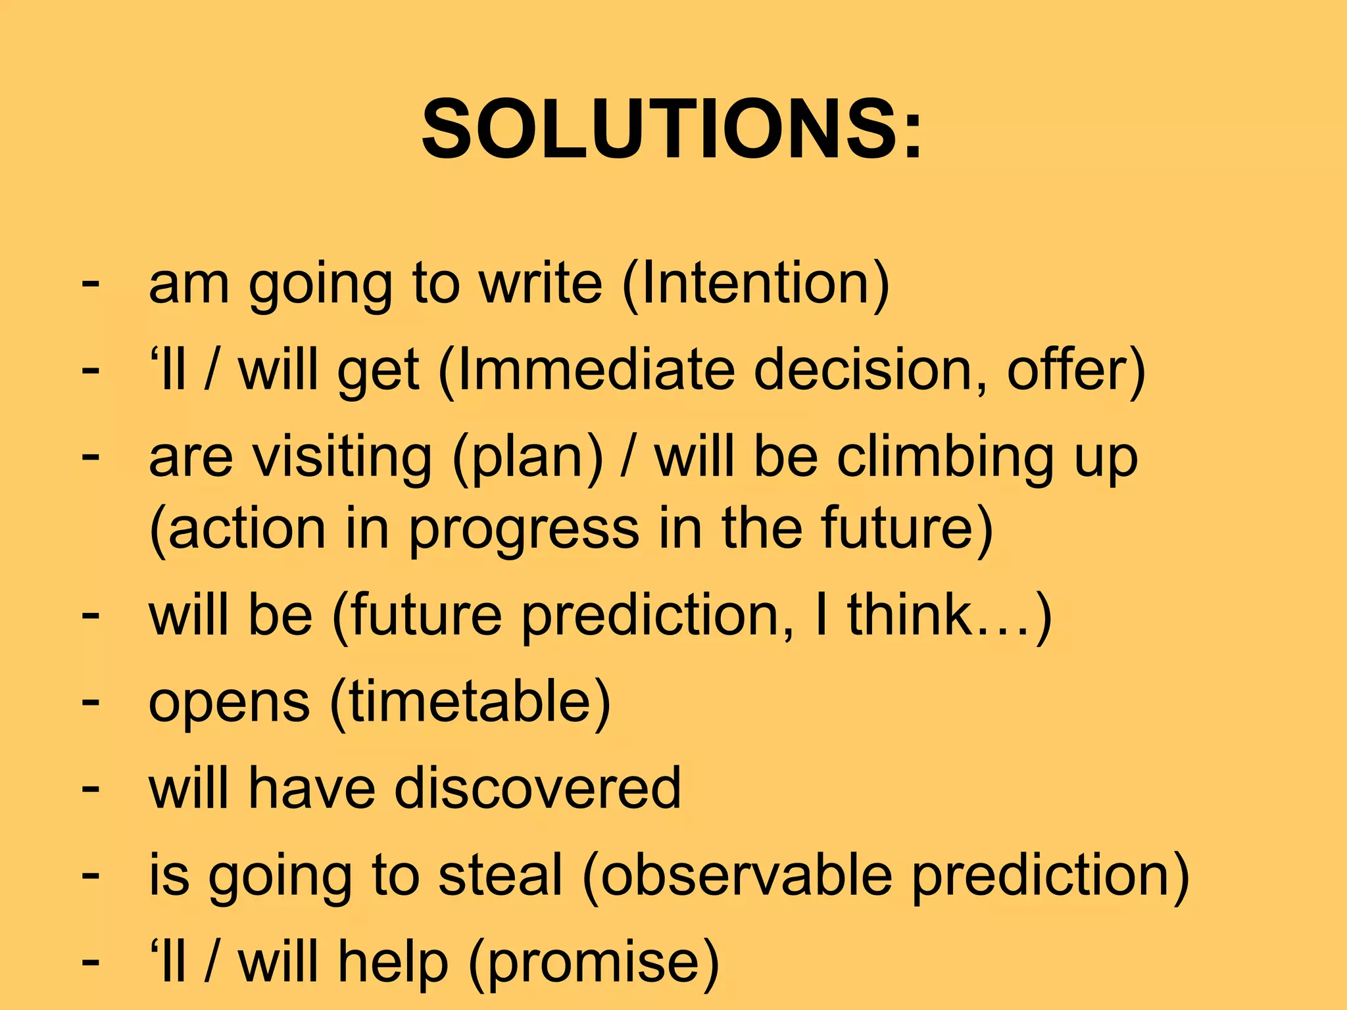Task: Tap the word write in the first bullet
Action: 540,284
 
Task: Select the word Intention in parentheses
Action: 755,284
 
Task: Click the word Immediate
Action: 595,370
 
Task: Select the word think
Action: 909,615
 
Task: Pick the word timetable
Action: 470,702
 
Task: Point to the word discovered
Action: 537,788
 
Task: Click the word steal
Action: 501,875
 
